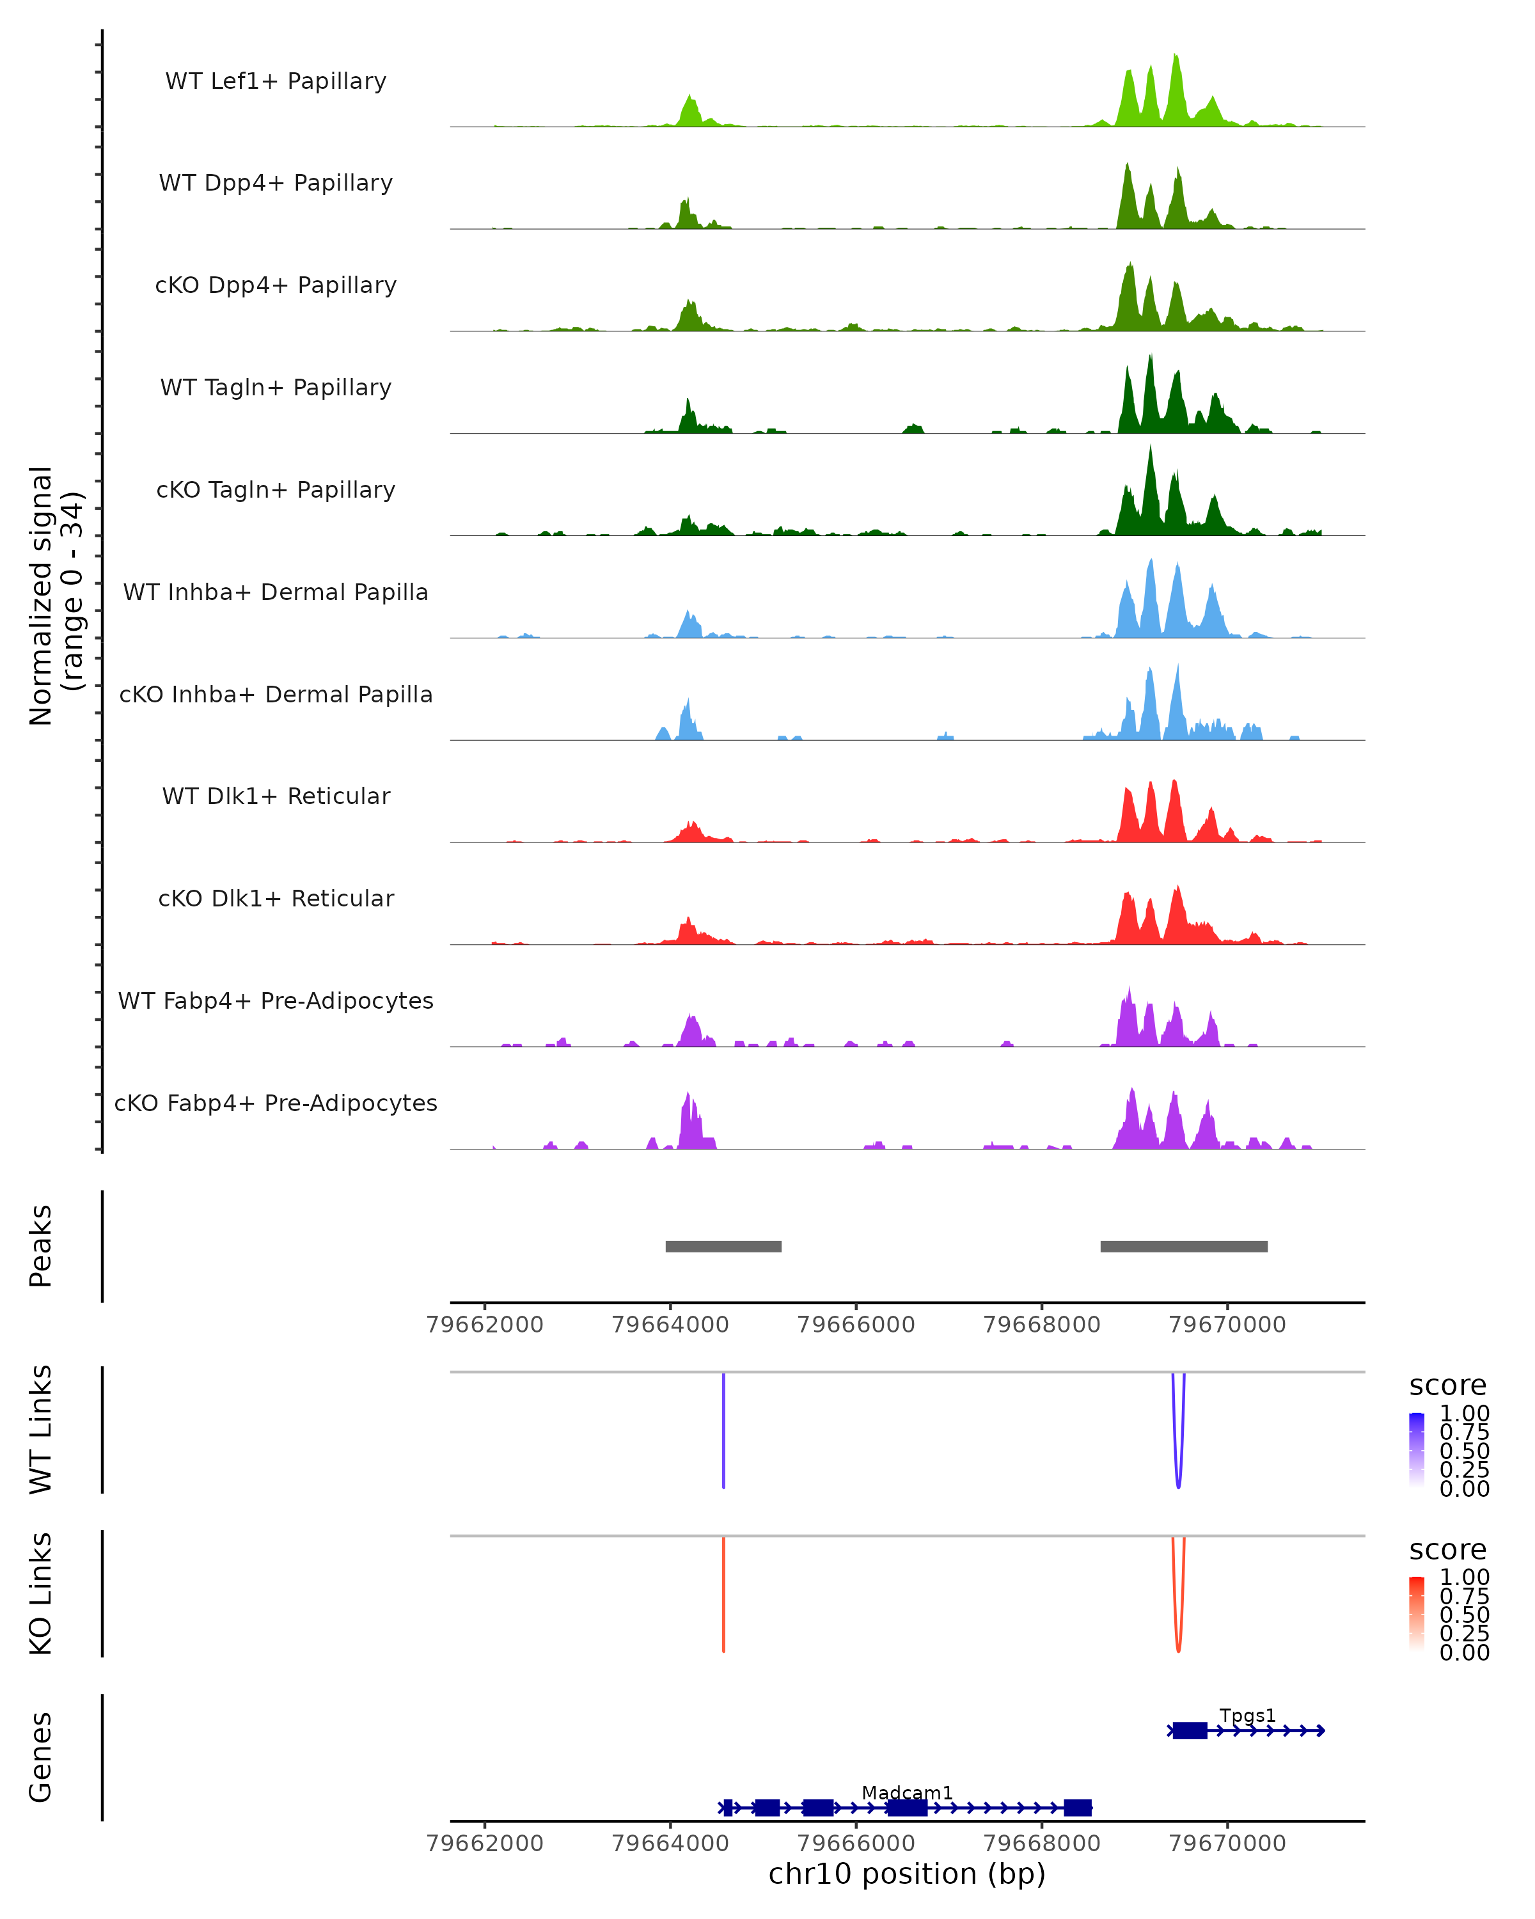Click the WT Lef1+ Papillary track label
[276, 81]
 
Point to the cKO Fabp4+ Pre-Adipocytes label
[276, 1103]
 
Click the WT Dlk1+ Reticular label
[276, 796]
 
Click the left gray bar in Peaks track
[723, 1246]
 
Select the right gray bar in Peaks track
[1183, 1246]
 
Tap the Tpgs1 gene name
[1248, 1715]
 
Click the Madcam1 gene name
[907, 1792]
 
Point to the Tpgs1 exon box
[1190, 1730]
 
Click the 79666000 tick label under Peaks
[856, 1325]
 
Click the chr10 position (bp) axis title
[907, 1874]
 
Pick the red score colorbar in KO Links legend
[1417, 1614]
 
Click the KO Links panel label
[40, 1594]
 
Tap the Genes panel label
[40, 1757]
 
